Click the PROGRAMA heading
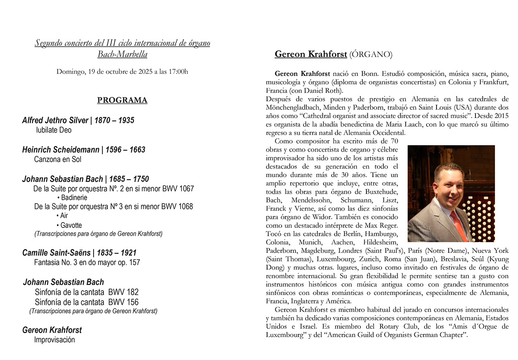pos(122,100)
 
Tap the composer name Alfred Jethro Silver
pos(55,120)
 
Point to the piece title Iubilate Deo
pos(54,130)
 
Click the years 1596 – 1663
pos(125,150)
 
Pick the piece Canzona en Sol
pos(58,159)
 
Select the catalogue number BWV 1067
pos(178,189)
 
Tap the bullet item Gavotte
pos(71,225)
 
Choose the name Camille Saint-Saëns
pos(56,253)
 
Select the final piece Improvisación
pos(54,340)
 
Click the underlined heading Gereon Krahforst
pos(310,54)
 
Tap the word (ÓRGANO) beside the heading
pos(370,54)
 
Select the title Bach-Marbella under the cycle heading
pos(122,54)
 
